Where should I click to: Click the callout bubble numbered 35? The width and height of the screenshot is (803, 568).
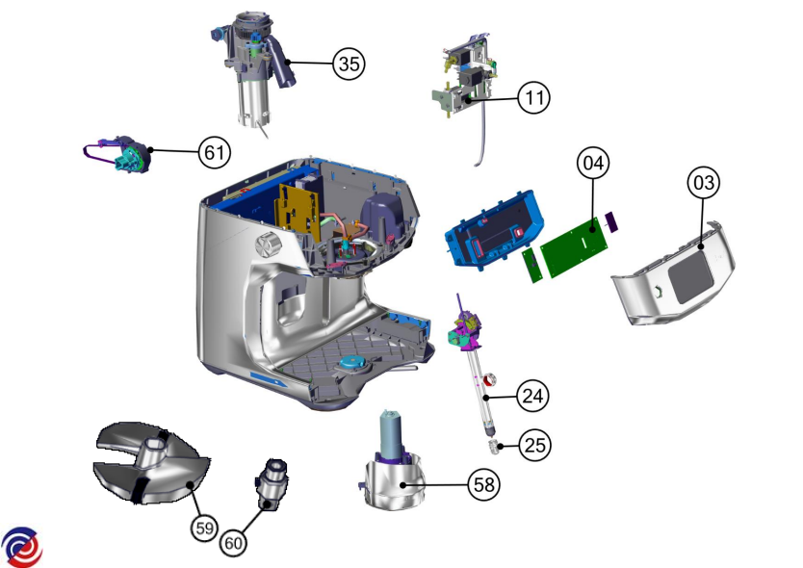tap(349, 64)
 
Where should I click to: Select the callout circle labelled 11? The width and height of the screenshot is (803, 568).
tap(534, 97)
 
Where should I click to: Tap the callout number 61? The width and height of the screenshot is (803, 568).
tap(215, 152)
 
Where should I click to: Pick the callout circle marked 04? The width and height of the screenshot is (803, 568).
tap(593, 163)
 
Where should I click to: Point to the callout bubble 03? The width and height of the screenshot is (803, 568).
tap(704, 182)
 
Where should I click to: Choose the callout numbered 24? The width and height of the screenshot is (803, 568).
tap(532, 396)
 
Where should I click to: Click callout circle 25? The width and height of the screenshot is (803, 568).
tap(535, 445)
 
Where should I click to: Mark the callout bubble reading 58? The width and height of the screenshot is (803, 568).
tap(484, 484)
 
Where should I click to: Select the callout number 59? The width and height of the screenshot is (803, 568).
tap(204, 529)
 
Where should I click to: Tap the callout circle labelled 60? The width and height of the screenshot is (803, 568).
tap(234, 543)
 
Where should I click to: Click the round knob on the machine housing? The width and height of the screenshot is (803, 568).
tap(269, 245)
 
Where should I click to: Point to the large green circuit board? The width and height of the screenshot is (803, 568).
tap(576, 246)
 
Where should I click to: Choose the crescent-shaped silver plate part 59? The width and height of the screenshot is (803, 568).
tap(150, 463)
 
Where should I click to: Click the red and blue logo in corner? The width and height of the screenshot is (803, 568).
tap(21, 547)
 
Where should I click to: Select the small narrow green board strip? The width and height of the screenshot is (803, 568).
tap(532, 266)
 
